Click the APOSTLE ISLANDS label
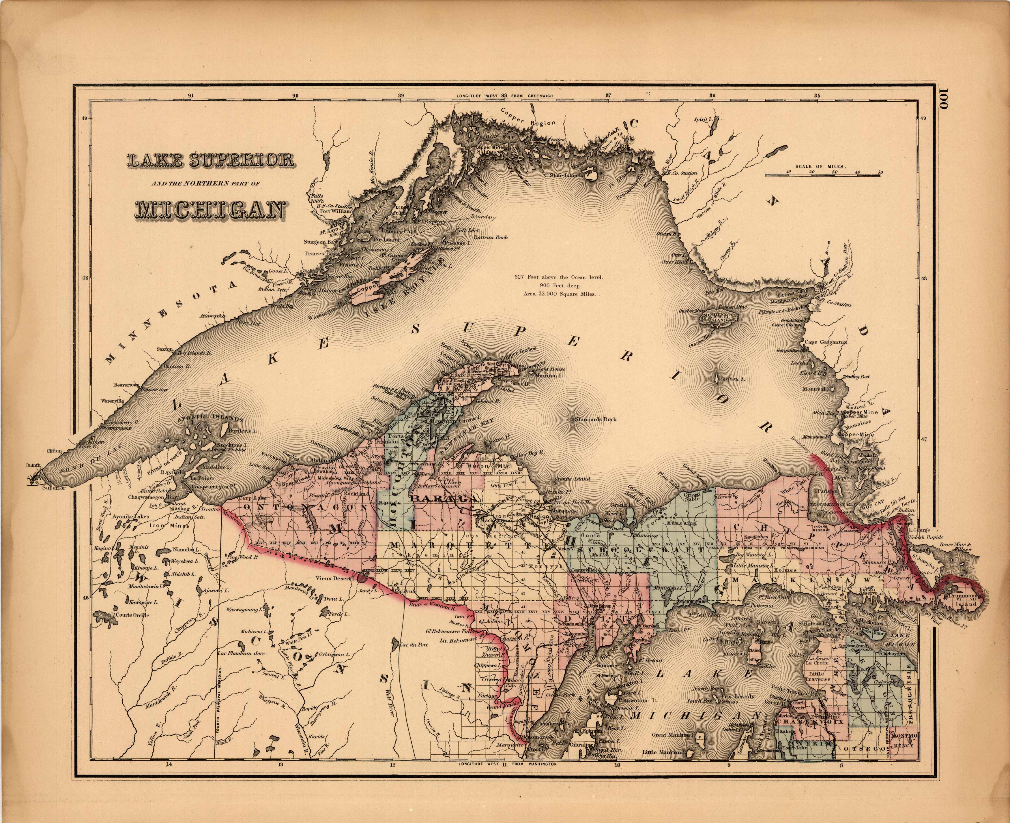(x=210, y=419)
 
